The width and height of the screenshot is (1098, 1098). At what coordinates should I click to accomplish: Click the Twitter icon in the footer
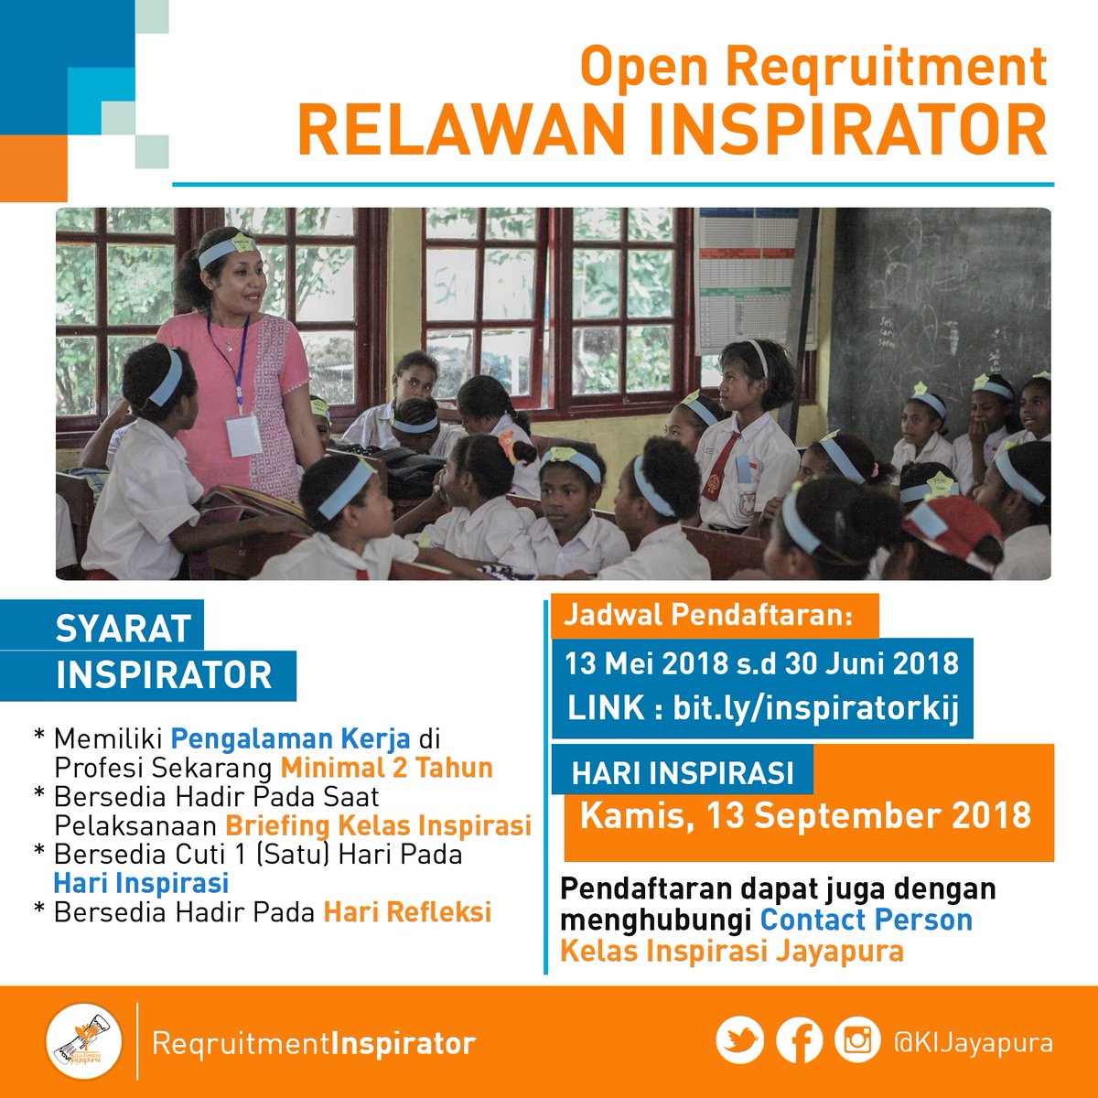[x=739, y=1041]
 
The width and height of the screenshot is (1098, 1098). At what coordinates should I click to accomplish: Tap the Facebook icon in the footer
[x=799, y=1041]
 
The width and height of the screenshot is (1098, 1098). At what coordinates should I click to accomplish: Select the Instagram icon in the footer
[x=857, y=1041]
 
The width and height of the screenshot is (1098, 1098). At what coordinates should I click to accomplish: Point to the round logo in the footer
[x=84, y=1042]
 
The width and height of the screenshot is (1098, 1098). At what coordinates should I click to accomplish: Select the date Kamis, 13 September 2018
[x=805, y=814]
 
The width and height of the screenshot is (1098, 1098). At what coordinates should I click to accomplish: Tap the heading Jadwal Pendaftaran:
[x=707, y=614]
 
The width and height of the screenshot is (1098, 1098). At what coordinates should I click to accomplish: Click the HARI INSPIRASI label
[x=683, y=773]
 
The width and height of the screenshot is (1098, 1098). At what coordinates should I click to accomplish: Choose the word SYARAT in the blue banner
[x=124, y=629]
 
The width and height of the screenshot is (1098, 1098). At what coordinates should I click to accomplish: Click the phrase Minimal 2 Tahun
[x=386, y=767]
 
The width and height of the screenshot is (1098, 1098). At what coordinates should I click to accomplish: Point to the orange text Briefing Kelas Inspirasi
[x=378, y=825]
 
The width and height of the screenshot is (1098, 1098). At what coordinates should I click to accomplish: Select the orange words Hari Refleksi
[x=407, y=912]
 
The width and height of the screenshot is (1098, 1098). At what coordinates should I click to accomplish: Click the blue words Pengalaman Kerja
[x=290, y=737]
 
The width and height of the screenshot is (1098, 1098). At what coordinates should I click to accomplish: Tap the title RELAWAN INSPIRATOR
[x=672, y=130]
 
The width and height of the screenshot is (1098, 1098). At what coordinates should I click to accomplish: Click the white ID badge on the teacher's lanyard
[x=243, y=435]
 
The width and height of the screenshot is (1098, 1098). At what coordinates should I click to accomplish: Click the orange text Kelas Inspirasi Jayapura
[x=731, y=951]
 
